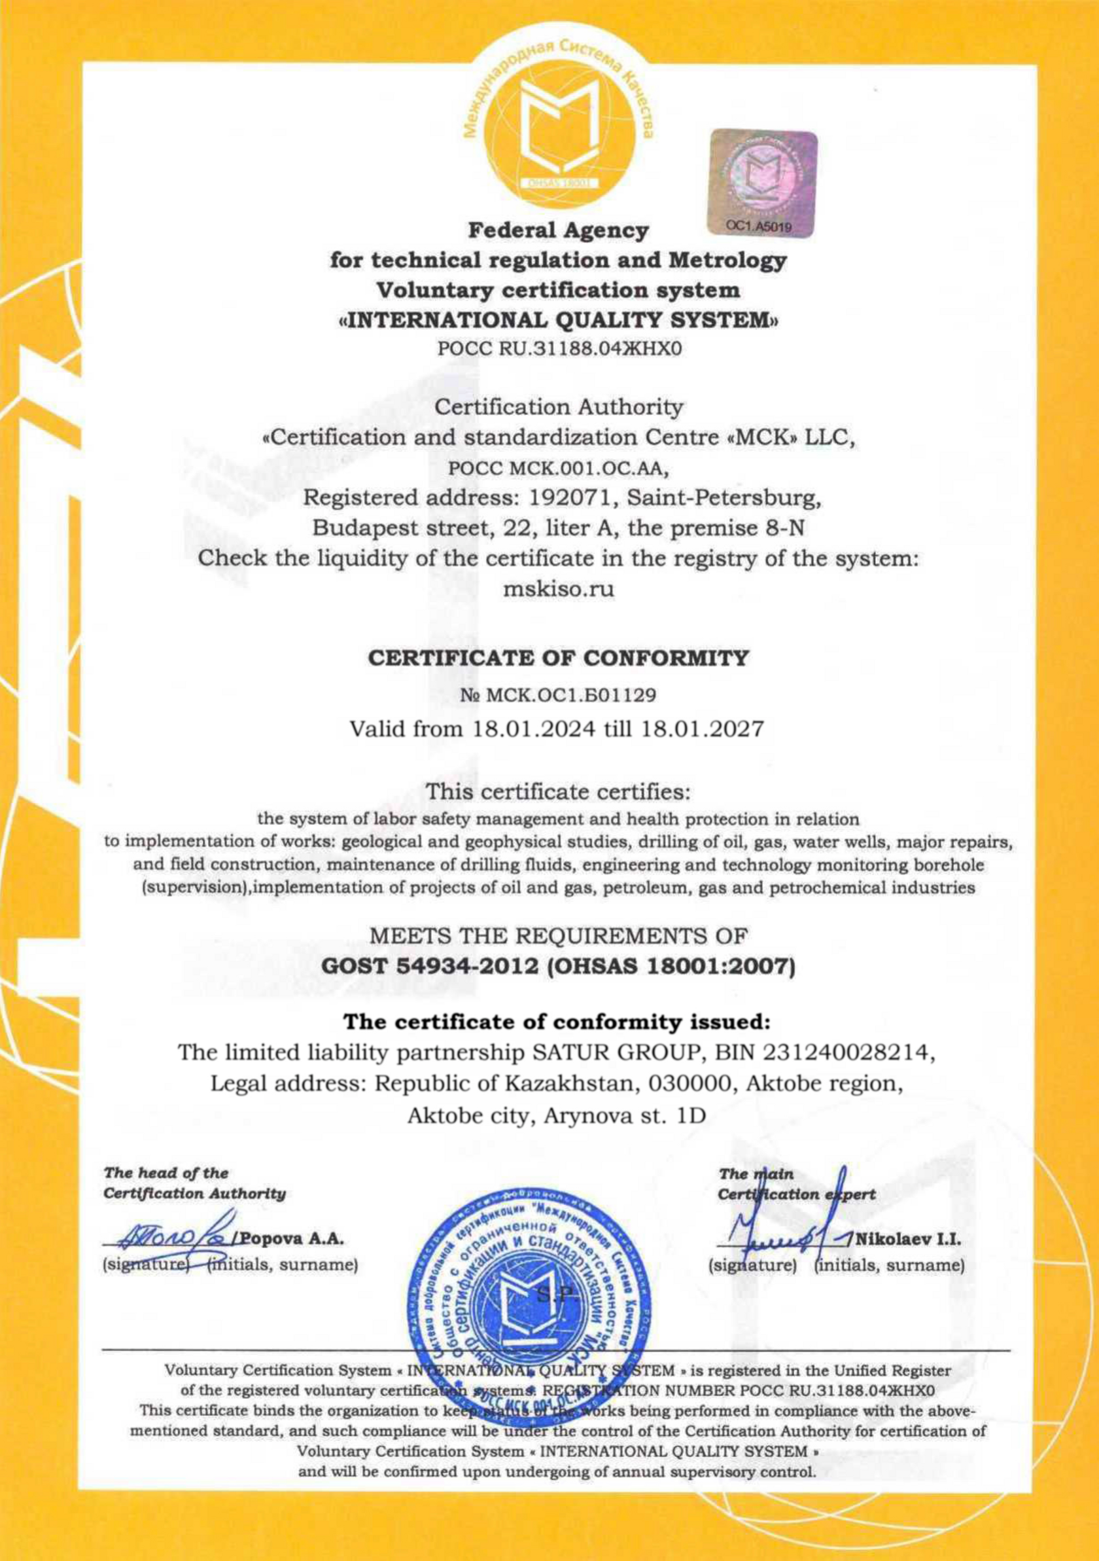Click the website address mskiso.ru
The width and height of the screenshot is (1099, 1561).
coord(557,589)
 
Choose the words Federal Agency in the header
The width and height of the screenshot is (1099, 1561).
coord(557,230)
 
